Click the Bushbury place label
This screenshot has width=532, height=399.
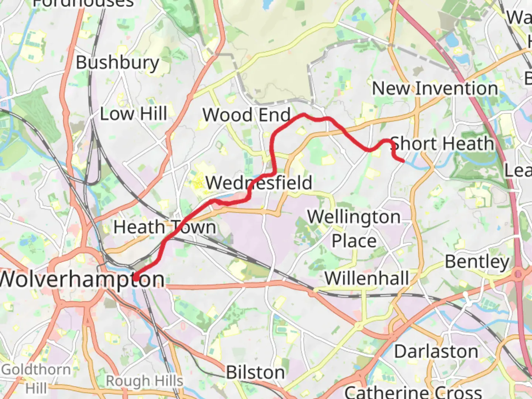(x=117, y=63)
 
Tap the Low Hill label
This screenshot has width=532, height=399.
(x=133, y=114)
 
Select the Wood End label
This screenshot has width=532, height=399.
(x=246, y=115)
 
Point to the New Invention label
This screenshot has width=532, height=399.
(x=435, y=89)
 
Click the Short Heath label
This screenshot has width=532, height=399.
(x=442, y=144)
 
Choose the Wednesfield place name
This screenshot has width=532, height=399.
(x=259, y=183)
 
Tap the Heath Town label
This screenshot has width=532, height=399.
(x=165, y=227)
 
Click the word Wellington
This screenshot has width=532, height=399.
(x=354, y=217)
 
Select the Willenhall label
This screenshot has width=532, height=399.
(x=367, y=278)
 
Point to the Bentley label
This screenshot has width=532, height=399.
(x=477, y=262)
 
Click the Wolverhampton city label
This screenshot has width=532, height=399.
(x=82, y=279)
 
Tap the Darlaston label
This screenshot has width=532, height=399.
(x=436, y=351)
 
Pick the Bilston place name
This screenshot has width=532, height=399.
(x=255, y=372)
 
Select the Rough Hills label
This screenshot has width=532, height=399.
(x=144, y=381)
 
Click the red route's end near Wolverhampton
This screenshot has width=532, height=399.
(x=136, y=277)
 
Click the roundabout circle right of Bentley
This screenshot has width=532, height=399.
(x=518, y=274)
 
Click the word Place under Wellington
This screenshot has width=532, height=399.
(x=354, y=241)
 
